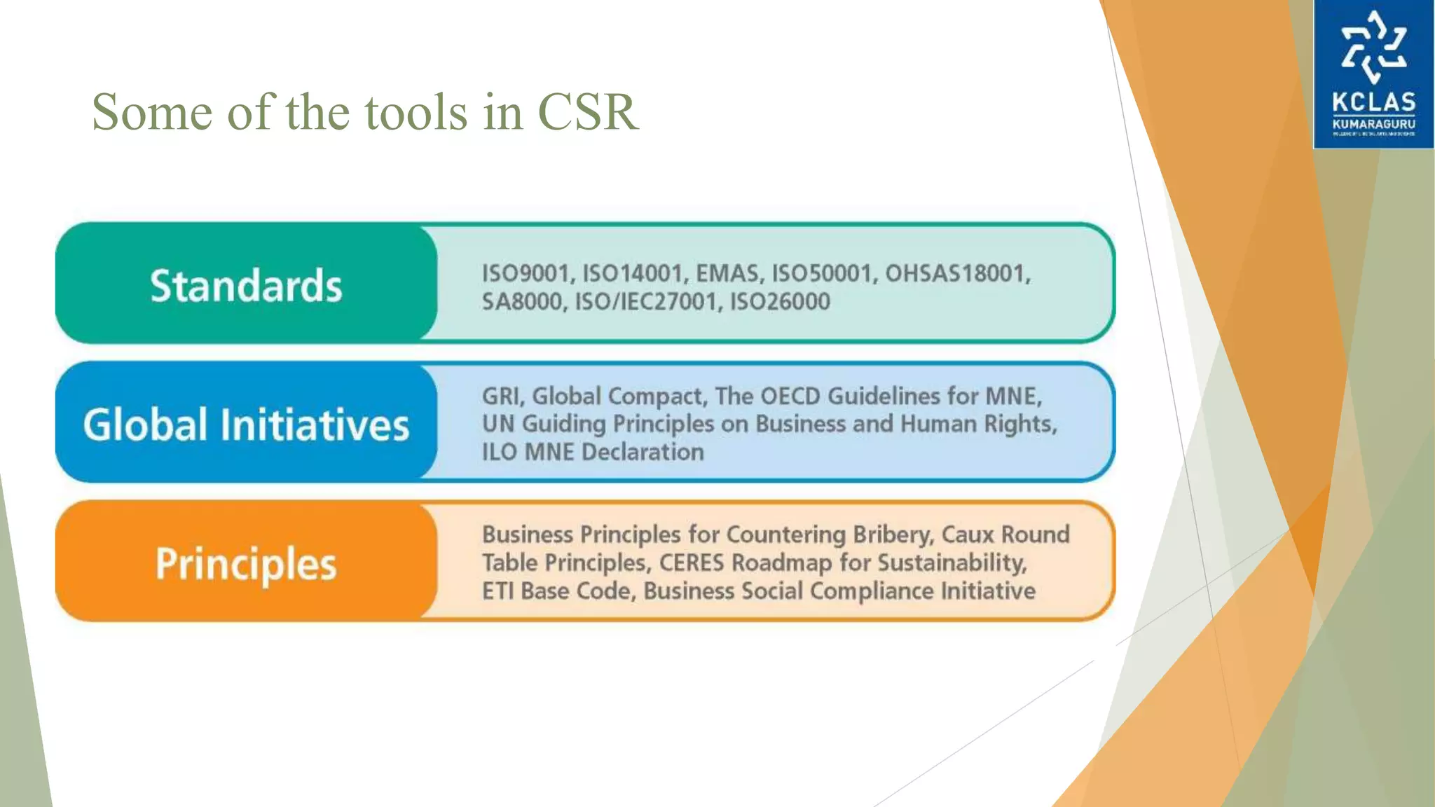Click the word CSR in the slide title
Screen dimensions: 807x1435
tap(587, 112)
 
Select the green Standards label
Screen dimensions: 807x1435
tap(246, 286)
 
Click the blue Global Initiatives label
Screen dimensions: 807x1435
tap(246, 425)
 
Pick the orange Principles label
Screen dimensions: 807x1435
tap(246, 564)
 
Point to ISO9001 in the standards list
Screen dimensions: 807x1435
tap(526, 273)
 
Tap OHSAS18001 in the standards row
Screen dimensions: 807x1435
tap(957, 273)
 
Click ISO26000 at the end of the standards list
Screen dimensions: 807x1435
tap(780, 302)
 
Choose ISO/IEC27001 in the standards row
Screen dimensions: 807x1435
tap(648, 302)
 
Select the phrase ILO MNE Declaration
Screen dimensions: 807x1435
tap(593, 453)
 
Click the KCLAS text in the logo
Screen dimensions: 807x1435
tap(1373, 103)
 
